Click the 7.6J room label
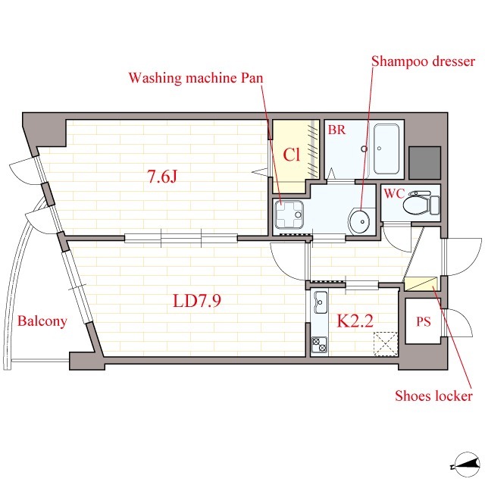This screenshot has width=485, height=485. (x=162, y=177)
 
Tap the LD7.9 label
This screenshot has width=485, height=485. (x=197, y=301)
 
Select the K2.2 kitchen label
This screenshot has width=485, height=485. (x=355, y=321)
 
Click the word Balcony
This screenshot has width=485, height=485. (x=42, y=321)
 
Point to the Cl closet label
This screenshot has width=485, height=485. (x=291, y=155)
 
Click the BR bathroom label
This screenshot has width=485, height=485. (x=336, y=130)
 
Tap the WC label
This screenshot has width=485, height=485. (x=394, y=194)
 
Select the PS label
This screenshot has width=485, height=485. (x=423, y=321)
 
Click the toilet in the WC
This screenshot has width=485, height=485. (x=421, y=203)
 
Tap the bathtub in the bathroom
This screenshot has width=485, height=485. (x=386, y=149)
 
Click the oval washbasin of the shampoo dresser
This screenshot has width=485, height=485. (x=359, y=221)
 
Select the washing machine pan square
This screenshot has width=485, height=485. (x=289, y=214)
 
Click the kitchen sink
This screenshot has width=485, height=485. (x=321, y=302)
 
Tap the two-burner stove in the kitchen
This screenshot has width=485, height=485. (x=320, y=345)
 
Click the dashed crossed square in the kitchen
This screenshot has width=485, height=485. (x=386, y=343)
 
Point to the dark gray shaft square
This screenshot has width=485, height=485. (x=424, y=163)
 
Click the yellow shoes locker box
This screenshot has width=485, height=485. (x=421, y=284)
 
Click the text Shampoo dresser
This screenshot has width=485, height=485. (x=423, y=61)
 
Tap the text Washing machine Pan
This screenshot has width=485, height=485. (x=196, y=77)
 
